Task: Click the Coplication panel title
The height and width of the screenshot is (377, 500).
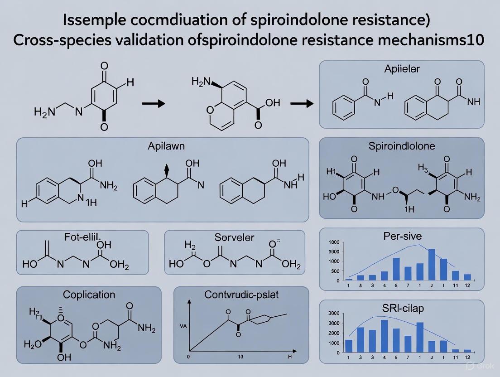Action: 89,295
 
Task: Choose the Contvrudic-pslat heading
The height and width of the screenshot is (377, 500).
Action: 242,295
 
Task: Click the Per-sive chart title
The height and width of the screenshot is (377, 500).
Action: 402,237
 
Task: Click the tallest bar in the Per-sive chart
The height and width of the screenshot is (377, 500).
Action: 432,264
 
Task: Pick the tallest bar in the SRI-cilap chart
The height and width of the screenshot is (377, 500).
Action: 384,336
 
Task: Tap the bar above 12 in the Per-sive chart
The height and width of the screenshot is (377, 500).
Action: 468,277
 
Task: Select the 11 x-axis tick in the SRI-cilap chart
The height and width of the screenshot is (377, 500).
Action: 456,358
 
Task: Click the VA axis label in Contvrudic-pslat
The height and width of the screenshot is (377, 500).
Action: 183,325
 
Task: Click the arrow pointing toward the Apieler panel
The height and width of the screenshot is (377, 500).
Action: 301,104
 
